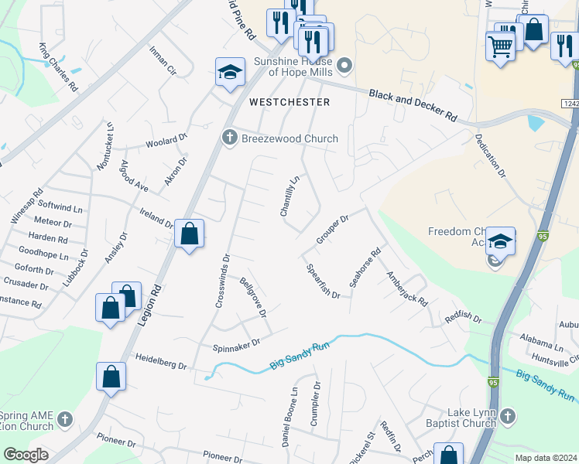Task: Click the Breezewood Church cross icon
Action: click(228, 138)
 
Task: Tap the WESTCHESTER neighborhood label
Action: click(289, 102)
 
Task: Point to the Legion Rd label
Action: click(152, 309)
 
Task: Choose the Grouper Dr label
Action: click(333, 230)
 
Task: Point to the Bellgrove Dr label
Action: click(253, 298)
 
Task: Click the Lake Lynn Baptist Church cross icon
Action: click(507, 417)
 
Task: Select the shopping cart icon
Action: click(500, 46)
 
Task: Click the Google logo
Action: click(26, 455)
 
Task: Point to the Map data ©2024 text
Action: click(545, 458)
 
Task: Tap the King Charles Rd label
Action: click(59, 68)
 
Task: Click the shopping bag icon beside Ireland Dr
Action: click(189, 233)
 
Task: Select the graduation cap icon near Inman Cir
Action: click(228, 73)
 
